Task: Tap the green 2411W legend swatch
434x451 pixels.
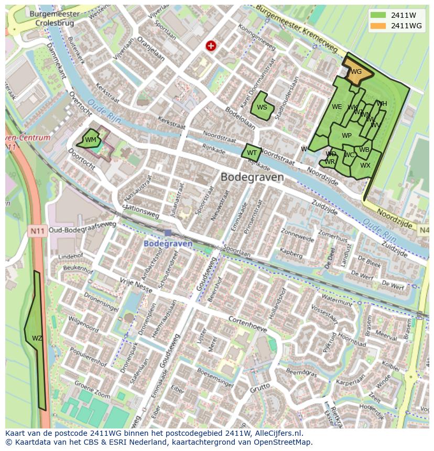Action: click(377, 15)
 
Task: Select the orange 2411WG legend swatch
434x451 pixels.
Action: click(377, 26)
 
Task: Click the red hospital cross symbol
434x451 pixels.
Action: click(211, 46)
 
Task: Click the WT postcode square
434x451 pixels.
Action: click(252, 153)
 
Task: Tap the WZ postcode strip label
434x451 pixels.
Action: click(37, 338)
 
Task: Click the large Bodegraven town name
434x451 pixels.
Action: click(252, 177)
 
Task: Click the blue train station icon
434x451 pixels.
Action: click(167, 233)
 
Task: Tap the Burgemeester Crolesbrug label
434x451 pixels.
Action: click(55, 19)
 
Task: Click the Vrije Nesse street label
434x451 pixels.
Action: click(136, 285)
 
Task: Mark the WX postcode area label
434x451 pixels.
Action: click(365, 166)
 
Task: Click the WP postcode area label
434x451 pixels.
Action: click(346, 136)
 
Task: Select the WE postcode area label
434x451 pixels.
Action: click(337, 107)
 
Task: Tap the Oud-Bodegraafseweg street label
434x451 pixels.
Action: click(82, 229)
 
